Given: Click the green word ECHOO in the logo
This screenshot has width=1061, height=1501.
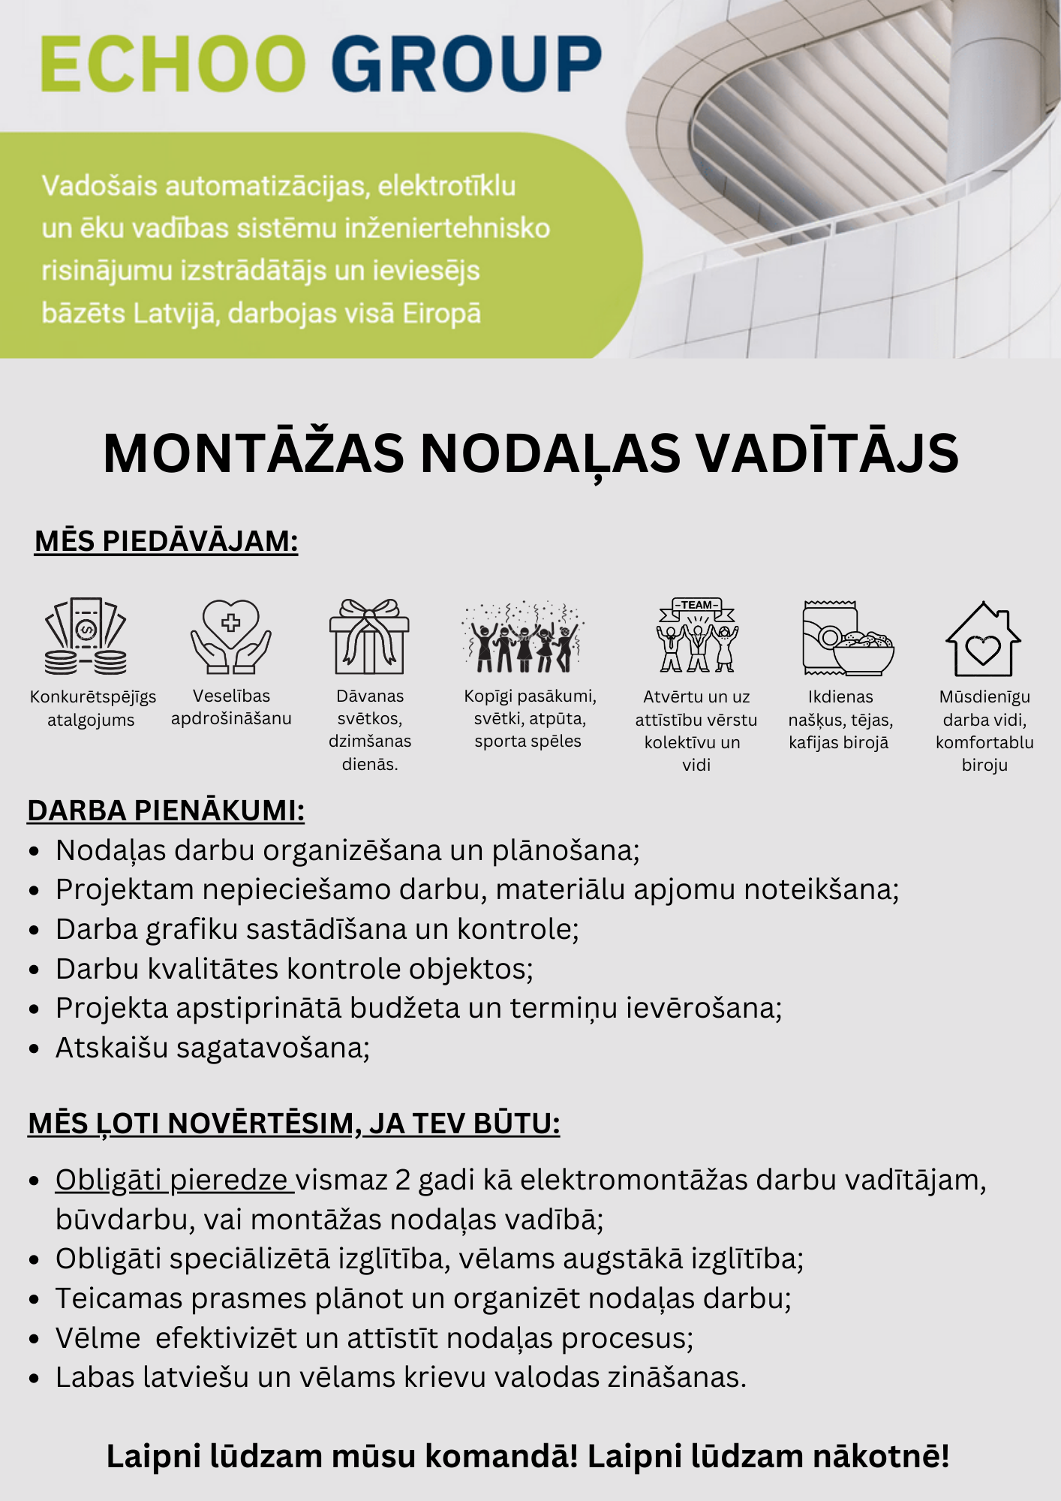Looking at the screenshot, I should (173, 63).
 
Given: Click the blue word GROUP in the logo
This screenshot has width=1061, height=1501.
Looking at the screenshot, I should (466, 63).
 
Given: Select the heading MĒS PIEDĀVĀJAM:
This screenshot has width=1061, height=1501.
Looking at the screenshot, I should (166, 541).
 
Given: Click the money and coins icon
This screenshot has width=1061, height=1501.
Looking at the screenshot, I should (86, 636).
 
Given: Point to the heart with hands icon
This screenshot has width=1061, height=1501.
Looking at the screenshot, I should (231, 636).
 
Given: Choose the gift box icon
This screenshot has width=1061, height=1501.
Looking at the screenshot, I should (369, 636).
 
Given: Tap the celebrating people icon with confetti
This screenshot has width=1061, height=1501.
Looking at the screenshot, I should (523, 636).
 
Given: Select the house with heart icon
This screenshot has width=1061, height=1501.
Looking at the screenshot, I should (983, 639).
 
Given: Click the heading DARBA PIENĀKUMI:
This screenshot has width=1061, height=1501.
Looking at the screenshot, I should (166, 811).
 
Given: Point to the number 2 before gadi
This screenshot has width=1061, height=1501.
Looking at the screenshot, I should (403, 1181).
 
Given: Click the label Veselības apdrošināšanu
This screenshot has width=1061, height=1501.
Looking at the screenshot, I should (231, 707).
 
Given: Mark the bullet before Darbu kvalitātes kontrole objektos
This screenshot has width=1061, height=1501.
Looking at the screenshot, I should (34, 970).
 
